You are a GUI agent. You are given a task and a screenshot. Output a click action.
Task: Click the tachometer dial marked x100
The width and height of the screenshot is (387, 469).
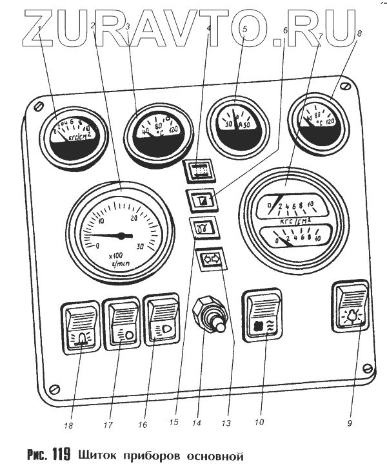click(x=121, y=233)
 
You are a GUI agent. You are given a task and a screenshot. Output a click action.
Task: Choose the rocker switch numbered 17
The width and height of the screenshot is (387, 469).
click(x=122, y=325)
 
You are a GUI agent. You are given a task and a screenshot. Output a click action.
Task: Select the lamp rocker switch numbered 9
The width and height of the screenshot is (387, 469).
click(x=351, y=307)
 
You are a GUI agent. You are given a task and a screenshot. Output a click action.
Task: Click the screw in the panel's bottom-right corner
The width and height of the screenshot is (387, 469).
click(x=366, y=368)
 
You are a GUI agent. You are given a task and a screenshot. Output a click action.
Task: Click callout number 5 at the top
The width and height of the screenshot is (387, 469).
click(x=243, y=28)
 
